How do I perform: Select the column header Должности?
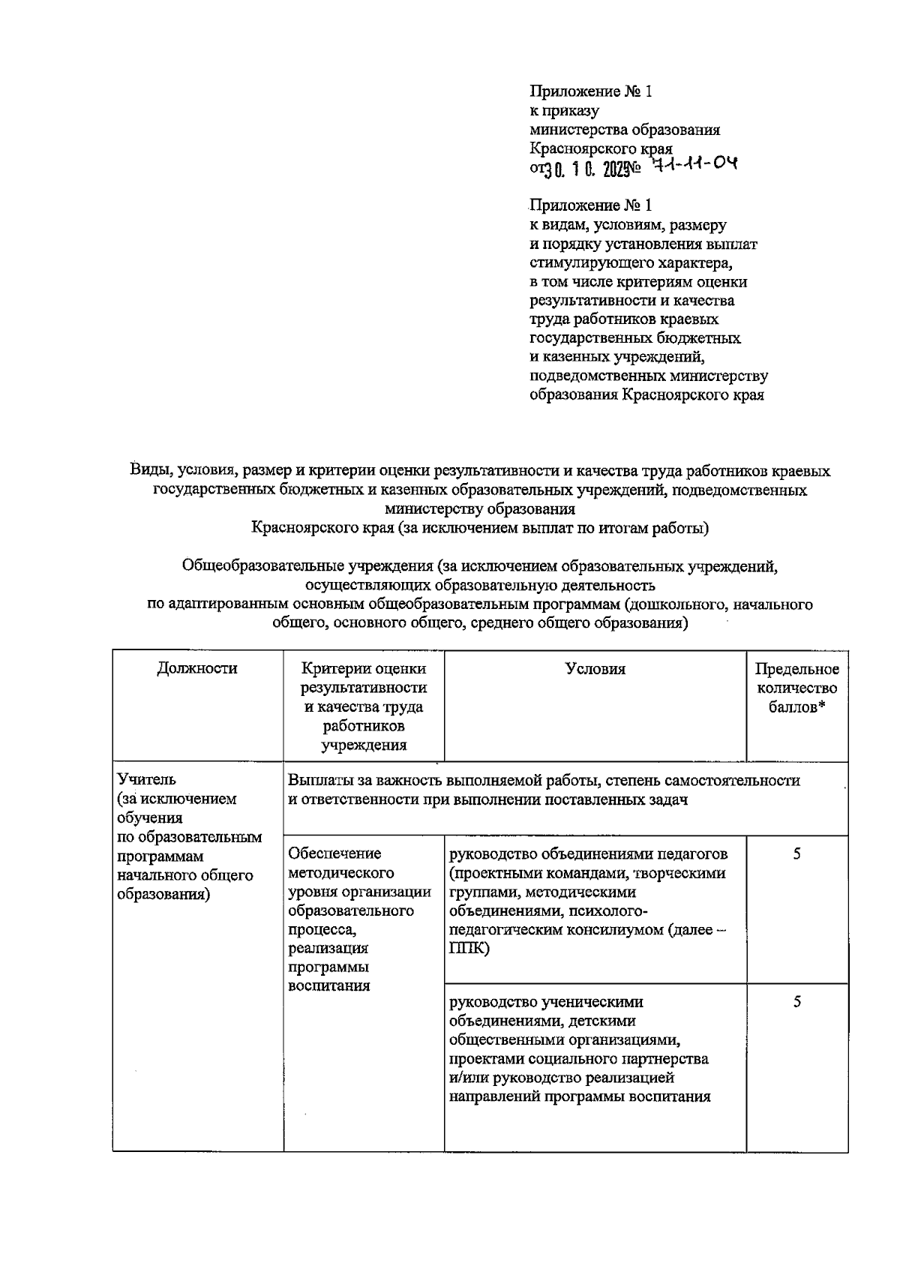coord(197,668)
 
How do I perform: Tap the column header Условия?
coord(595,669)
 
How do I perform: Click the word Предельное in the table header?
coord(796,669)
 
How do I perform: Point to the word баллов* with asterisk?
coord(796,707)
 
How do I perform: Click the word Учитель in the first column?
coord(146,780)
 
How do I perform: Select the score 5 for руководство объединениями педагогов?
coord(796,853)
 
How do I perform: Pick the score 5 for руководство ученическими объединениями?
coord(796,1002)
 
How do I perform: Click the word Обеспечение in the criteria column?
coord(334,853)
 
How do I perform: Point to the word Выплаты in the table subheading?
coord(317,780)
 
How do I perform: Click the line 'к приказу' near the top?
coord(564,111)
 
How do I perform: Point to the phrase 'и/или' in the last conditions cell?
coord(467,1078)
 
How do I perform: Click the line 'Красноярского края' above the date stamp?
coord(600,148)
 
